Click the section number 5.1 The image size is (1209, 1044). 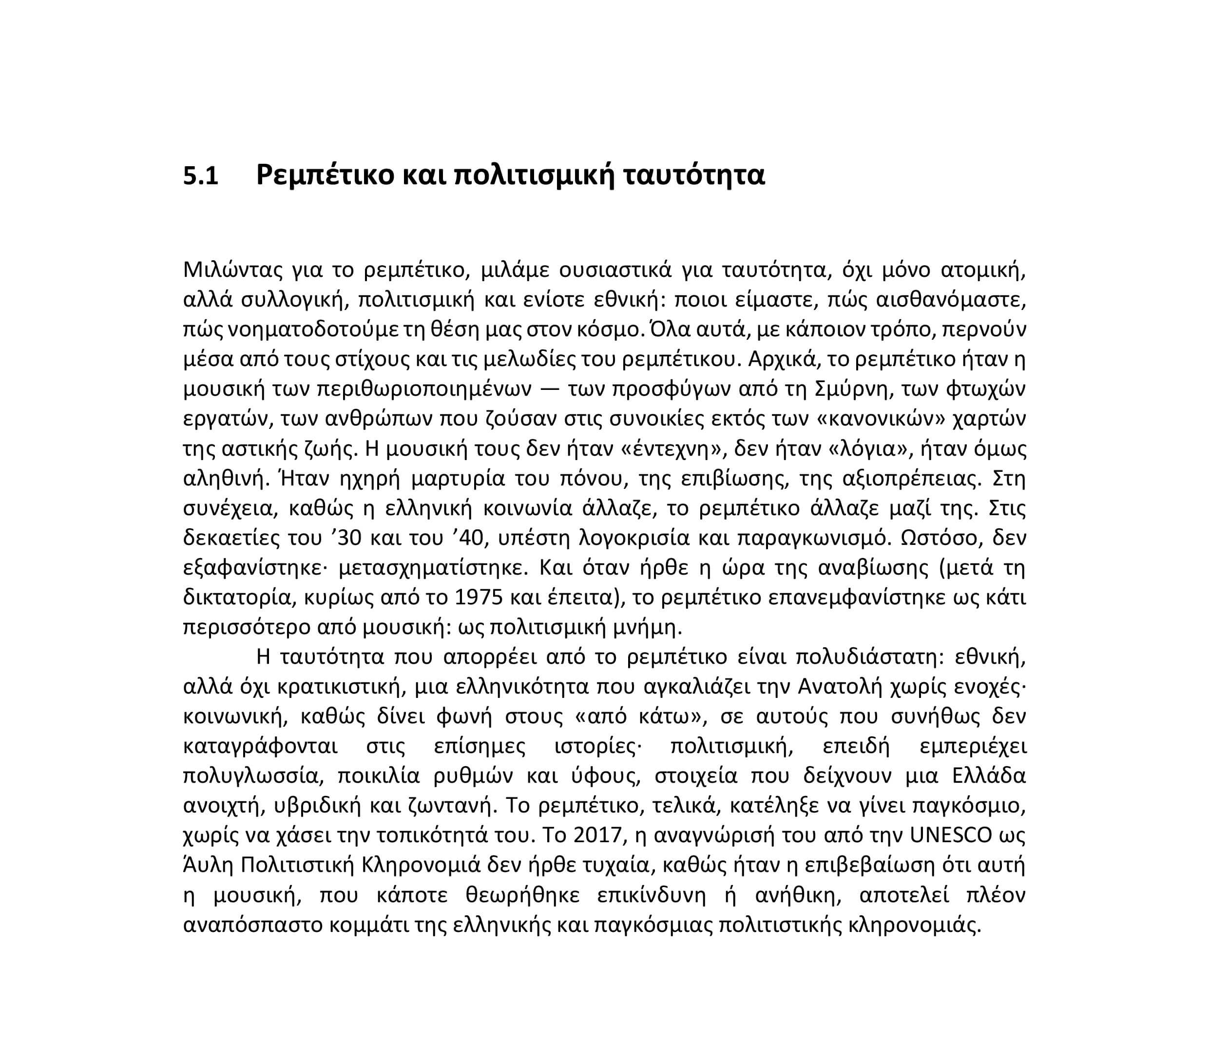click(x=201, y=175)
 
